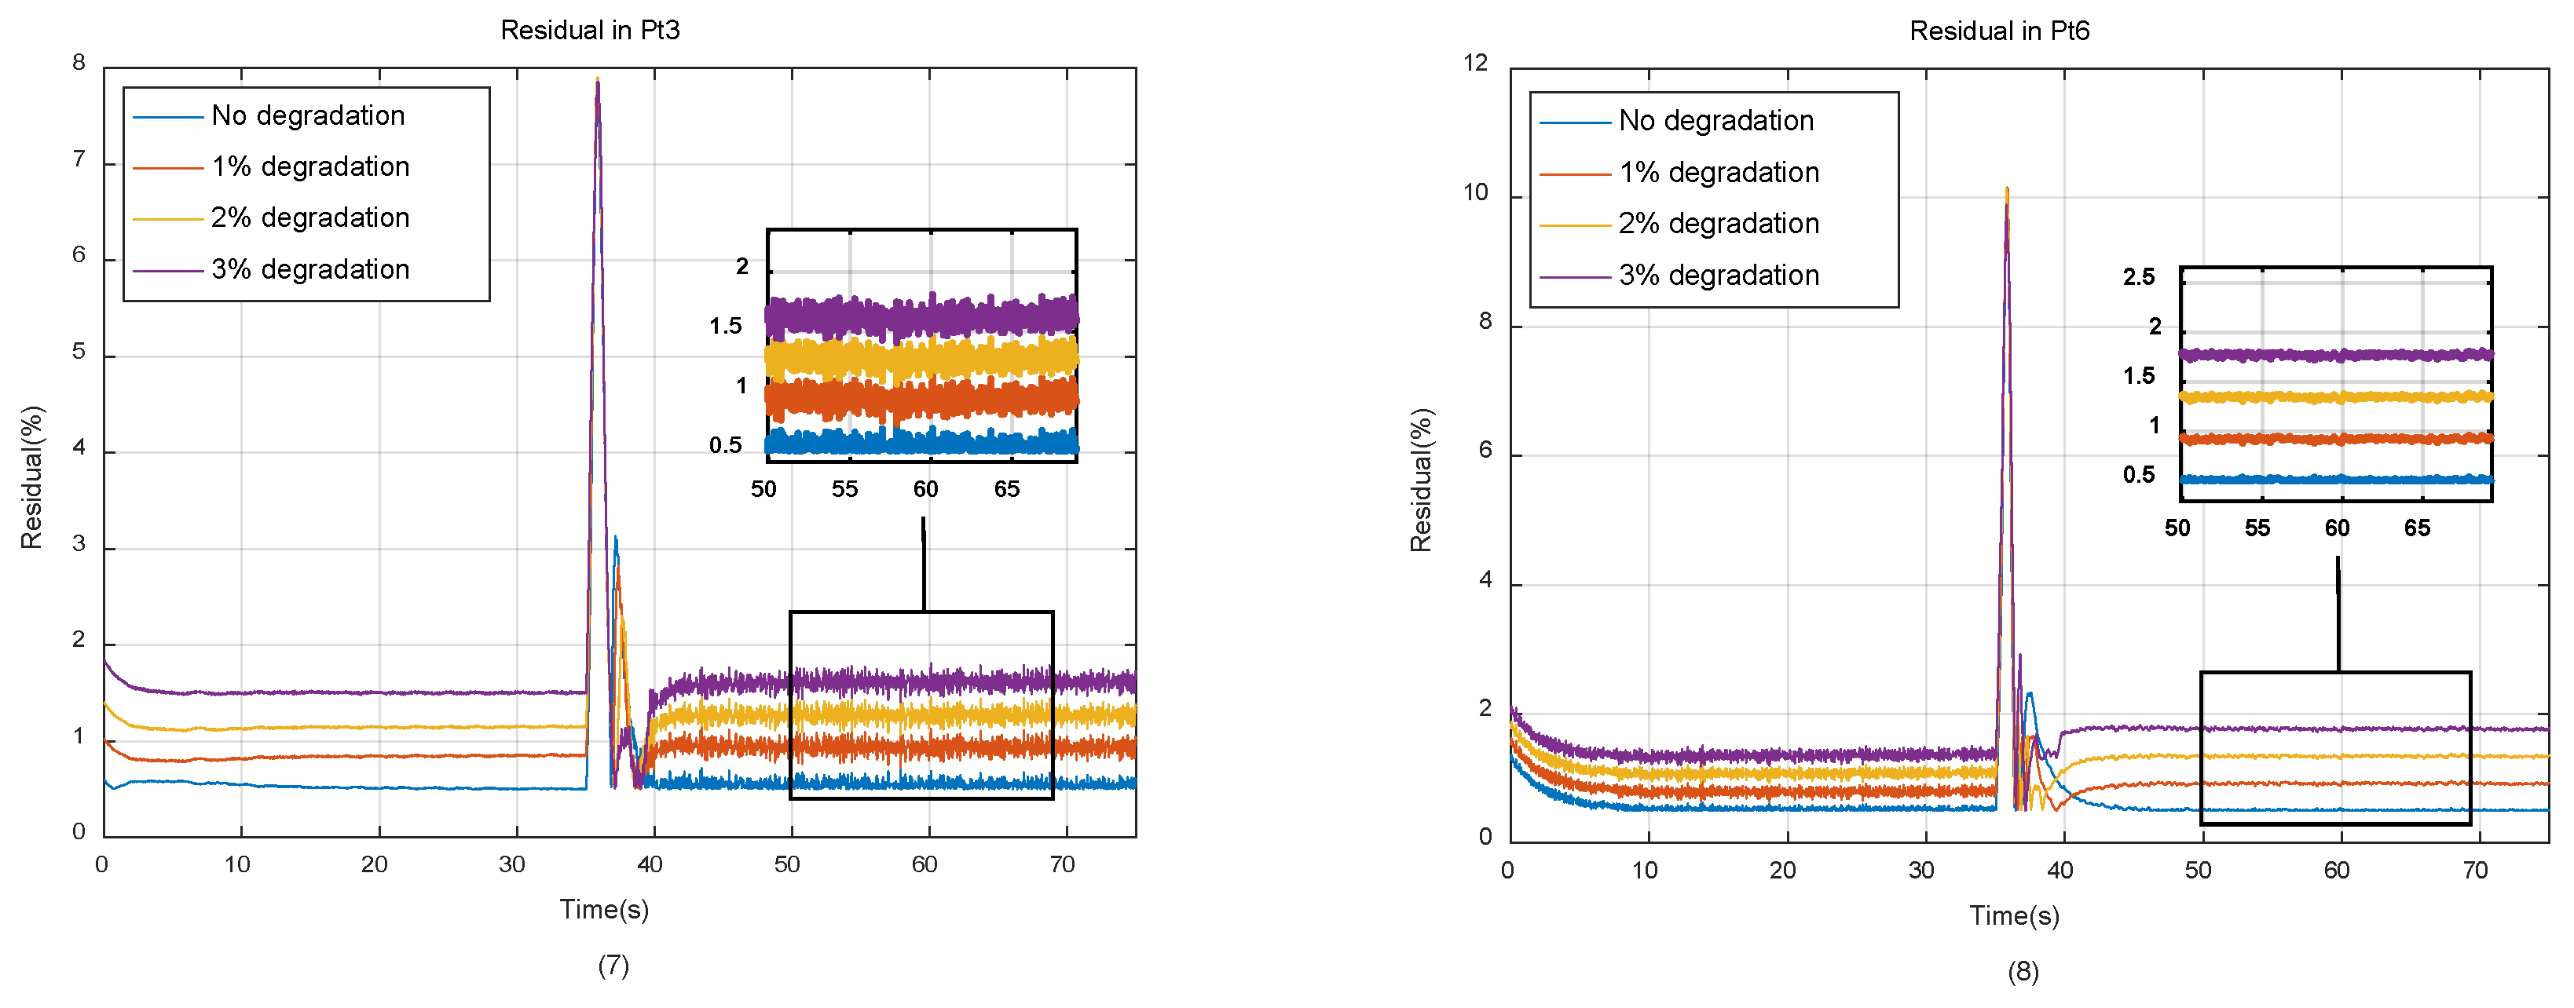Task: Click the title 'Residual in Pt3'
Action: click(x=590, y=30)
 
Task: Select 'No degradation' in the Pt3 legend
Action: click(x=308, y=116)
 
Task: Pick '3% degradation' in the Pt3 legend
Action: click(x=309, y=270)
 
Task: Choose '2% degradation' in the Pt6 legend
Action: click(x=1718, y=224)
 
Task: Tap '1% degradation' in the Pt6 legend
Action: click(x=1718, y=173)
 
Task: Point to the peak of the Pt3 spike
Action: click(x=598, y=80)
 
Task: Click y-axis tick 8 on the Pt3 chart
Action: click(x=79, y=63)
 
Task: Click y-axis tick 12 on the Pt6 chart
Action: click(x=1475, y=63)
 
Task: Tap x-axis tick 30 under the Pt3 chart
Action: click(x=511, y=865)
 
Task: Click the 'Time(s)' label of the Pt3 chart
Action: click(x=603, y=910)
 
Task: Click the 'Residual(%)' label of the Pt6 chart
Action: click(x=1420, y=480)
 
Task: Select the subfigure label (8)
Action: click(x=2023, y=972)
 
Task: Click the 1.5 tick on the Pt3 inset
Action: click(x=726, y=327)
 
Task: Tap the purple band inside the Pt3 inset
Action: click(x=919, y=316)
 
